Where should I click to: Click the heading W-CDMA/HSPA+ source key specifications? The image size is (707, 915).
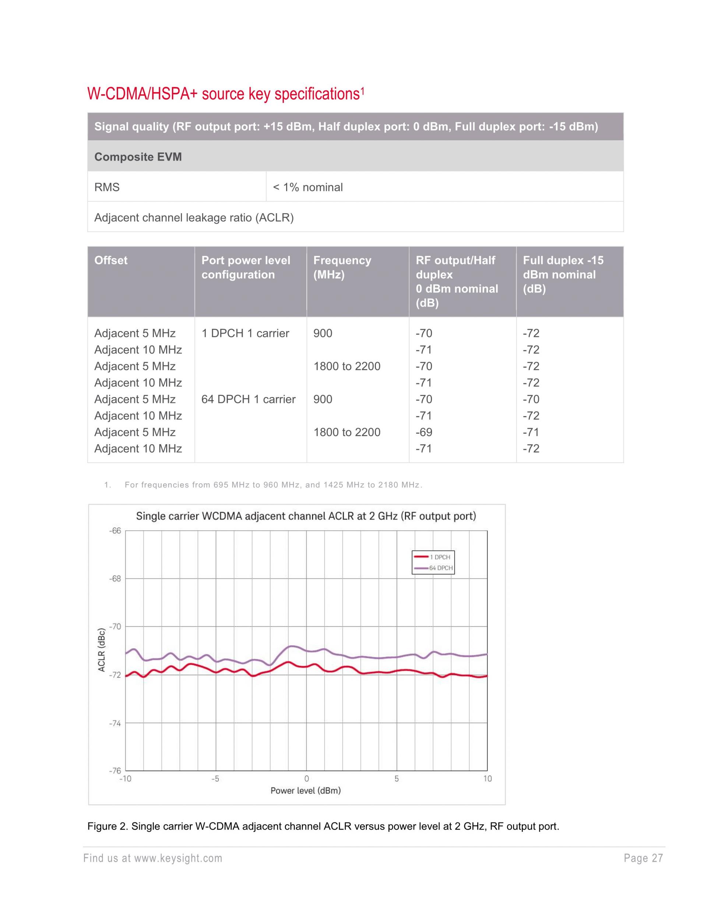tap(225, 94)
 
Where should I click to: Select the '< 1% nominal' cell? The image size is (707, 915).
tap(307, 187)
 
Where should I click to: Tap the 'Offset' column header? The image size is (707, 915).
tap(111, 260)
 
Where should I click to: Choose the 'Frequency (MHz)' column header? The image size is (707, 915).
tap(342, 267)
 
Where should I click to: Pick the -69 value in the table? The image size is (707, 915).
tap(423, 432)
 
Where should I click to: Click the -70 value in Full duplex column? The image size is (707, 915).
tap(531, 399)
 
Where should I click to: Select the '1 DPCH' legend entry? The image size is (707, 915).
tap(439, 557)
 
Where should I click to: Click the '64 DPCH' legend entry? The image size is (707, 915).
tap(441, 568)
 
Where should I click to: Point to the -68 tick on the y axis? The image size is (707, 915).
tap(115, 579)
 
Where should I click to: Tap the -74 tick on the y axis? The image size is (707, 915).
tap(115, 723)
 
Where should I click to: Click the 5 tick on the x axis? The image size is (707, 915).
tap(396, 779)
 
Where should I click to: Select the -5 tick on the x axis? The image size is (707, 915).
tap(215, 779)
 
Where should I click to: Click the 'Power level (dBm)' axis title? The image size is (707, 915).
tap(305, 790)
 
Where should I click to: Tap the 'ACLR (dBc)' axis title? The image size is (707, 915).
tap(101, 650)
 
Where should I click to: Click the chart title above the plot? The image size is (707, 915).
tap(306, 516)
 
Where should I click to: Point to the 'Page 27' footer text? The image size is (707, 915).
tap(643, 858)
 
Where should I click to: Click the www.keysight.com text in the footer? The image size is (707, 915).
tap(178, 858)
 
